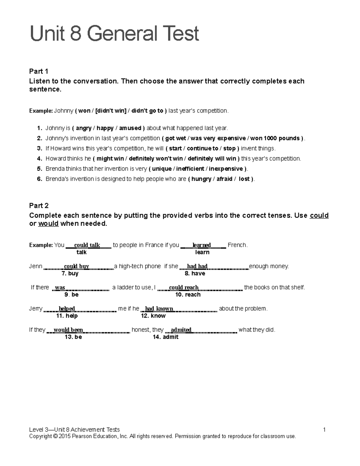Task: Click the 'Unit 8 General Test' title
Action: point(114,34)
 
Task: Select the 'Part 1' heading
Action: point(39,71)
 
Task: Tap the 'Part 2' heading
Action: point(39,206)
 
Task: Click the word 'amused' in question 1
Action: point(130,128)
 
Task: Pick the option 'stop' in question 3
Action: point(229,149)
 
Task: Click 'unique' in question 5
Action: point(162,169)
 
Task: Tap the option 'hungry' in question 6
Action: point(201,179)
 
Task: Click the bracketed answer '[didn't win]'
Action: point(111,111)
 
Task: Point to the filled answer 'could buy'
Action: point(76,266)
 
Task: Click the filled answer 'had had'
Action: point(197,266)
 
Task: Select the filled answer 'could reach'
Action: point(184,287)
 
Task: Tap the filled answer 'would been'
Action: point(68,330)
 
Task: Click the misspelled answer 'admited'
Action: point(181,330)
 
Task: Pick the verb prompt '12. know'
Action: point(153,316)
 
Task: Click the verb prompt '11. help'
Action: point(67,316)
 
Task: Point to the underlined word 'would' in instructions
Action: point(48,224)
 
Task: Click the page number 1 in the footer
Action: point(324,430)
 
